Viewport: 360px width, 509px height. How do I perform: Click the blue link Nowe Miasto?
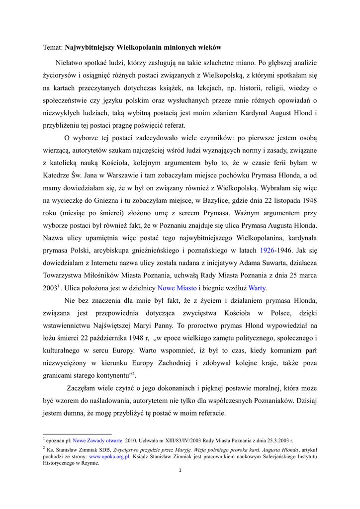coord(177,288)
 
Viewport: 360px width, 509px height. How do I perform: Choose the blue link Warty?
coord(257,288)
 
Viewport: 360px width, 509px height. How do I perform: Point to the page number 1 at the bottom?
coord(180,471)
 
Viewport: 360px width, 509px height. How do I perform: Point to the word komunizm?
coord(282,350)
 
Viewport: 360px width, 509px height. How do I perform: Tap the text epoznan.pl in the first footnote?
coord(59,440)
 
